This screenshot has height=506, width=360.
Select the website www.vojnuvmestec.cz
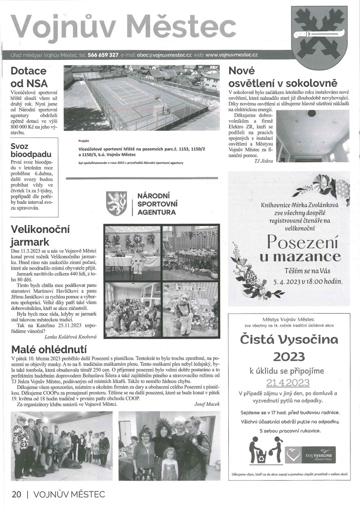232,55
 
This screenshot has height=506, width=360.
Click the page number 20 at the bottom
15,493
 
